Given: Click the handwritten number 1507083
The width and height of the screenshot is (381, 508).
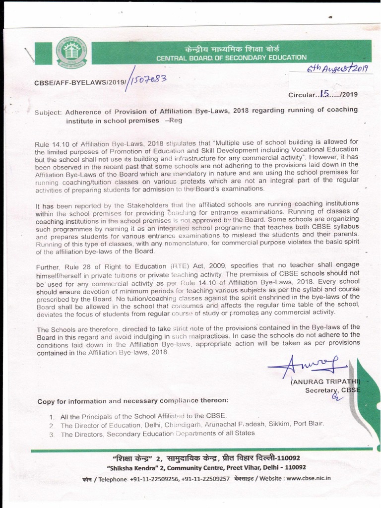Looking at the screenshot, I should [x=147, y=79].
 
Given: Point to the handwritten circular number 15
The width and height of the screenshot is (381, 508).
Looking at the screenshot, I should [x=325, y=93].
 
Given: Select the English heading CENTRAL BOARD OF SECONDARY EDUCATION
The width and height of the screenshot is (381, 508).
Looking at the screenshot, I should [x=231, y=58].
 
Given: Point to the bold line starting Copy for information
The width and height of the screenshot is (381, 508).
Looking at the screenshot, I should [x=133, y=401].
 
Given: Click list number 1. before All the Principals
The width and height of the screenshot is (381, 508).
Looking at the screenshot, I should [x=53, y=417].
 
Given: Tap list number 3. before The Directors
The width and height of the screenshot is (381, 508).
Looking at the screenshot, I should [x=53, y=434].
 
